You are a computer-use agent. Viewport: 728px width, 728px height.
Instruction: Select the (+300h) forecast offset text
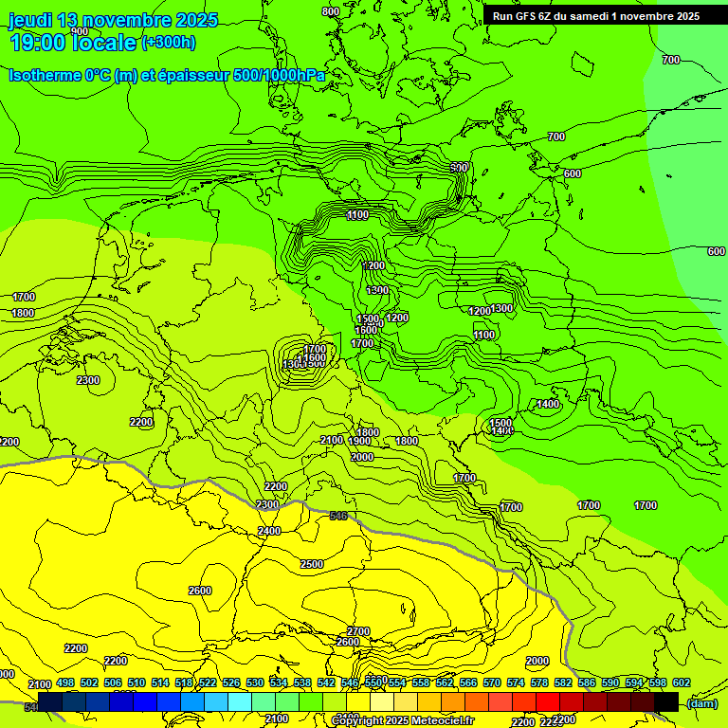tap(169, 43)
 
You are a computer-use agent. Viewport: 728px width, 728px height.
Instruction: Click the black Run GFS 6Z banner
tap(595, 15)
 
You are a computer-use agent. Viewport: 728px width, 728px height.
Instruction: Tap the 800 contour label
tap(330, 11)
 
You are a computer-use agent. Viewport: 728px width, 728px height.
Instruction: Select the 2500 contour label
tap(311, 564)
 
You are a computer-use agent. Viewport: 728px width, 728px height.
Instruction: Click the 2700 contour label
tap(358, 630)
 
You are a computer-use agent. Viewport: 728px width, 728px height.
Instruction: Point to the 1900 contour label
tap(359, 441)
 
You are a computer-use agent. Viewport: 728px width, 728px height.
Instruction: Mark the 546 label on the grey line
tap(338, 516)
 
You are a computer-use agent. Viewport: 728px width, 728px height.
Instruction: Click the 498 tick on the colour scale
tap(64, 683)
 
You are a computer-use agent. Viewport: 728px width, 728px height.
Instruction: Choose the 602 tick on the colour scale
tap(682, 683)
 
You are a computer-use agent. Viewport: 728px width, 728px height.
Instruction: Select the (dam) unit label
tap(702, 702)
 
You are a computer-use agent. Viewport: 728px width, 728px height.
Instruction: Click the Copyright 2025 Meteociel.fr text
tap(401, 721)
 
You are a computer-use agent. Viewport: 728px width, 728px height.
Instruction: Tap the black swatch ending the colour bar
tap(665, 701)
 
